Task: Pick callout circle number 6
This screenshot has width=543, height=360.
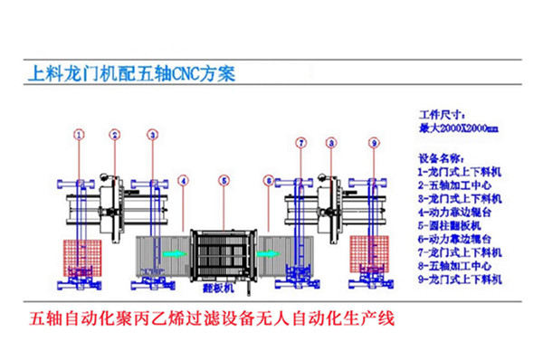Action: point(268,180)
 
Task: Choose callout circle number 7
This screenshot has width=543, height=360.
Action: point(302,142)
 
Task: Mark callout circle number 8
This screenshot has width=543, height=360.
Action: point(332,142)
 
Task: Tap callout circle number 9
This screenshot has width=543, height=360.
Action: point(374,142)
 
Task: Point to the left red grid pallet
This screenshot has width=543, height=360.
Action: point(78,257)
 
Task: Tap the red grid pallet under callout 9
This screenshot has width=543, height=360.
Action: point(367,257)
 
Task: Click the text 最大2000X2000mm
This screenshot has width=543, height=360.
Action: point(458,128)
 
